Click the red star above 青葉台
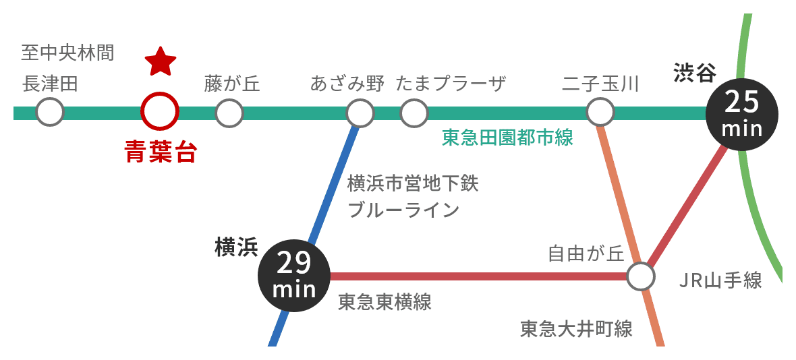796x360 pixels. [x=161, y=62]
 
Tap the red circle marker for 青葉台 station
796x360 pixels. [x=160, y=112]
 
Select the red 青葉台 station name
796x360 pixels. [x=161, y=152]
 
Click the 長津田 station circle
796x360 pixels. [x=50, y=112]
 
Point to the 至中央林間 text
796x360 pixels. [x=67, y=52]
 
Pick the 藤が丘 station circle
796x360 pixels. [x=229, y=112]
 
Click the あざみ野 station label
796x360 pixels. [x=347, y=84]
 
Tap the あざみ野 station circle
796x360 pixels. [x=360, y=113]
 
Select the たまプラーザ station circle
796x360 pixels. [x=414, y=113]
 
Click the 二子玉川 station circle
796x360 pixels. [x=600, y=112]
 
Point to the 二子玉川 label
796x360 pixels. [x=600, y=84]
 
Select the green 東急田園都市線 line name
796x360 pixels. [x=507, y=138]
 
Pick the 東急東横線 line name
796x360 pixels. [x=385, y=302]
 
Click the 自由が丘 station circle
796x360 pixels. [x=641, y=276]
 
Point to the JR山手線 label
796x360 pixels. [x=720, y=280]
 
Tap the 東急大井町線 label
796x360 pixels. [x=576, y=329]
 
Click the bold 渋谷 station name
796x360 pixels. [x=694, y=72]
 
